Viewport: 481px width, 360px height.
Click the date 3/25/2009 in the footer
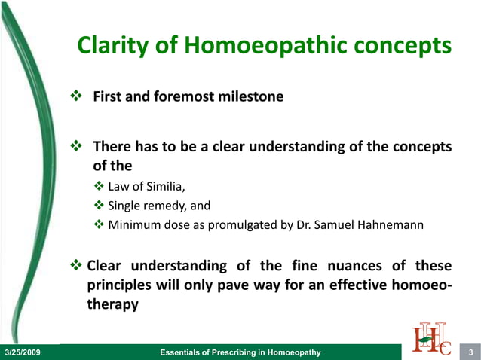point(23,352)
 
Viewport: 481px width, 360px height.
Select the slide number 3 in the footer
point(470,352)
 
